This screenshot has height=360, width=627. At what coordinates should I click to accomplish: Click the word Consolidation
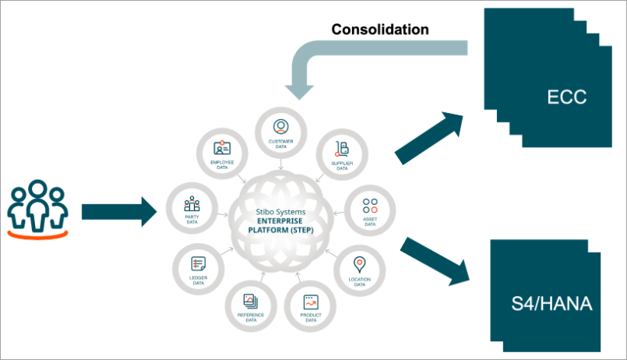coord(380,30)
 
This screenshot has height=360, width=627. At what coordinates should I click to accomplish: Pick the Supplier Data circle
coord(340,152)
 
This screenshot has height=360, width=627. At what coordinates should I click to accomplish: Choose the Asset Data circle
coord(370,209)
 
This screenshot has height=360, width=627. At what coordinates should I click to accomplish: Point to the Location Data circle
coord(359,268)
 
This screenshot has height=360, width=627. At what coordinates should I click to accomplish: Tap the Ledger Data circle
coord(197,268)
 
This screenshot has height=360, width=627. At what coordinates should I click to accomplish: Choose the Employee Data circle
coord(222,152)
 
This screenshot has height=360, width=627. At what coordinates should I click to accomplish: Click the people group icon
coord(38,207)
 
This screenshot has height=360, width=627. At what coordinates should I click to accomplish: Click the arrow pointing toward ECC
coord(429,137)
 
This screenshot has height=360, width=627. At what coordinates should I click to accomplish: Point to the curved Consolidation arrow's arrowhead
coord(301,86)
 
